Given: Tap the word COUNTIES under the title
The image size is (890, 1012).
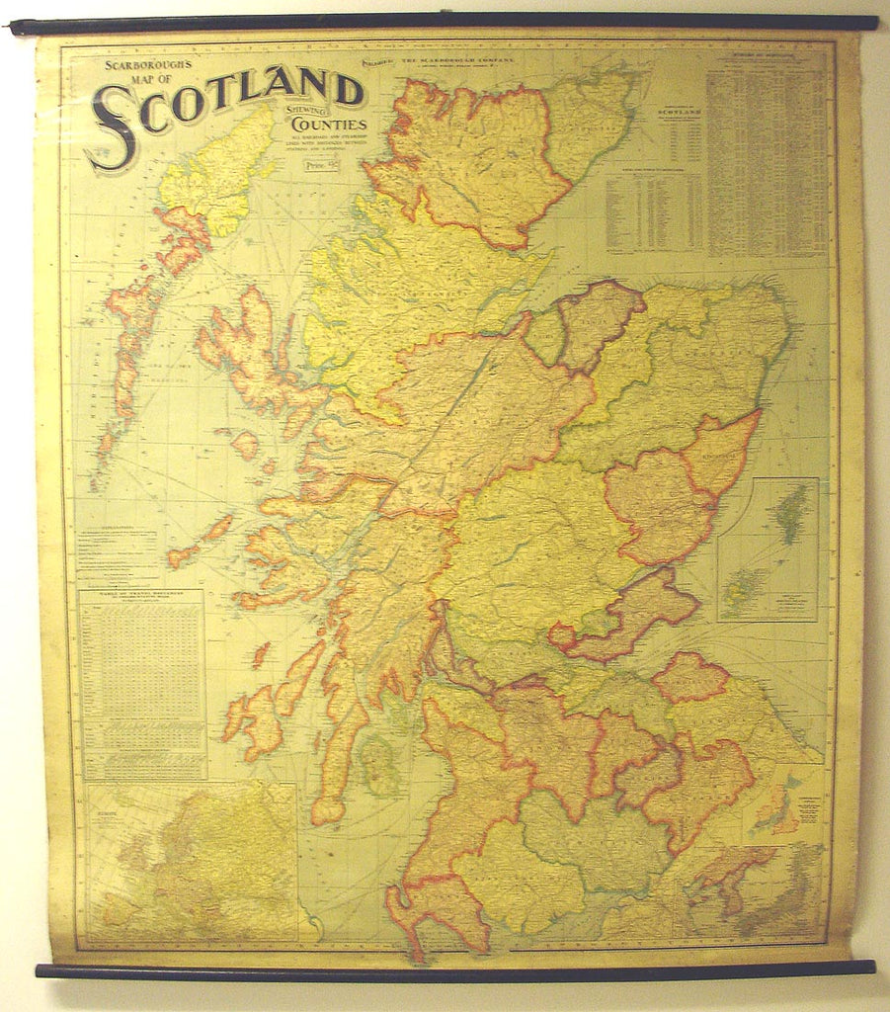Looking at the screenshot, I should (328, 126).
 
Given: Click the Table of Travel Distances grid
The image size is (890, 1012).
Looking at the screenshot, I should (142, 682).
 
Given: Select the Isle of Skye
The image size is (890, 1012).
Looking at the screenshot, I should (252, 356).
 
